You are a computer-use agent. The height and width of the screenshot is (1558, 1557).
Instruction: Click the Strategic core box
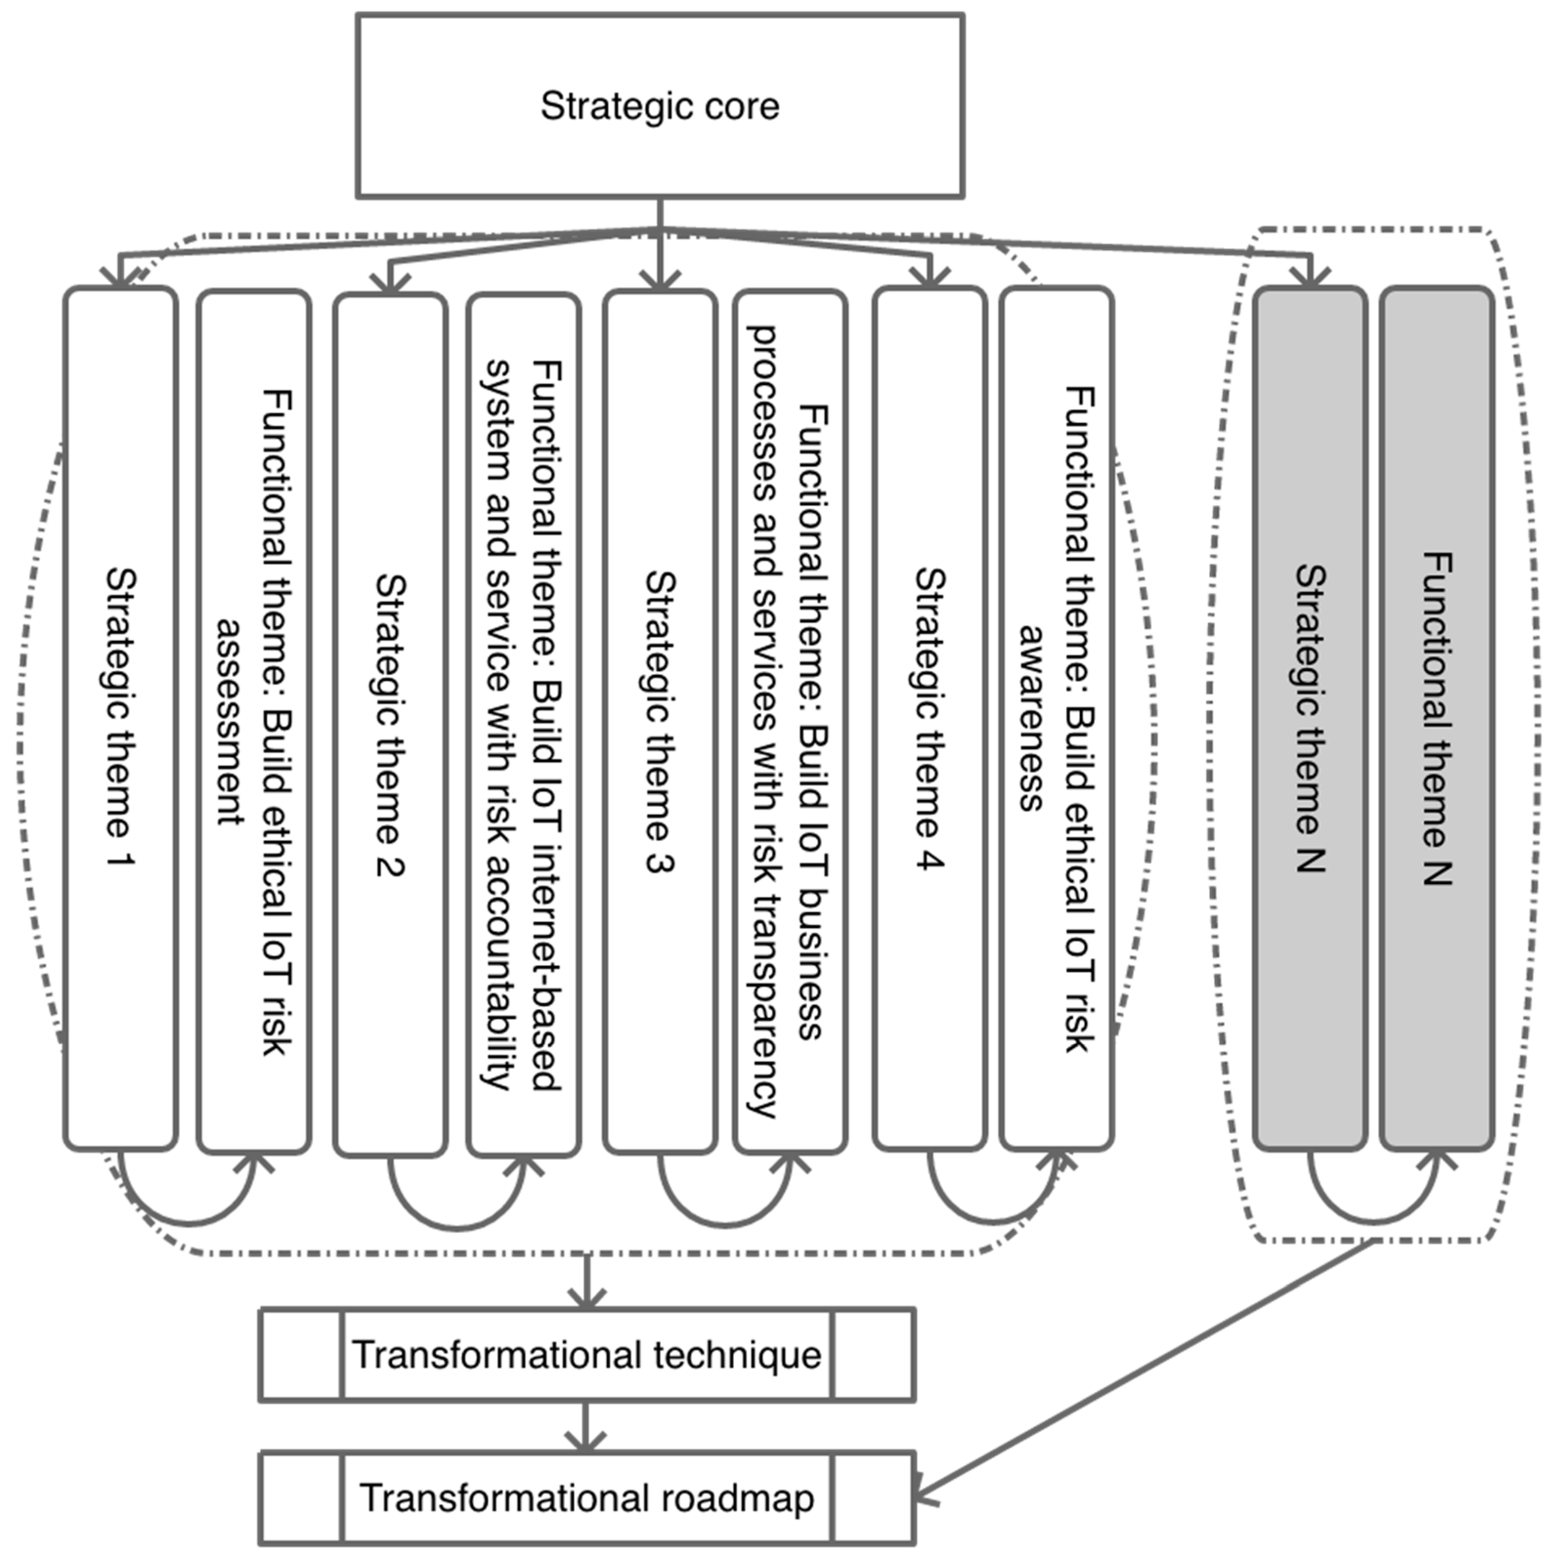click(659, 105)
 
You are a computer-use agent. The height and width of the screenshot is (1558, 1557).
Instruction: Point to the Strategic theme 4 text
click(930, 718)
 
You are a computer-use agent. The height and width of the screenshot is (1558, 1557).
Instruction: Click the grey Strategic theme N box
click(1310, 718)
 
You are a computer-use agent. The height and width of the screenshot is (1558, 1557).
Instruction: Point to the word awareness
click(1032, 718)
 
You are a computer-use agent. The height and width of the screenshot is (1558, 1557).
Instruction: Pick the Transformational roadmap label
click(586, 1497)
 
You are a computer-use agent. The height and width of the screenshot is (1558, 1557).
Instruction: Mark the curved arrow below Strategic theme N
click(1374, 1217)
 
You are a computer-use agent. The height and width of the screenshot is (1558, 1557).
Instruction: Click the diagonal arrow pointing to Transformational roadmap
click(1146, 1371)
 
